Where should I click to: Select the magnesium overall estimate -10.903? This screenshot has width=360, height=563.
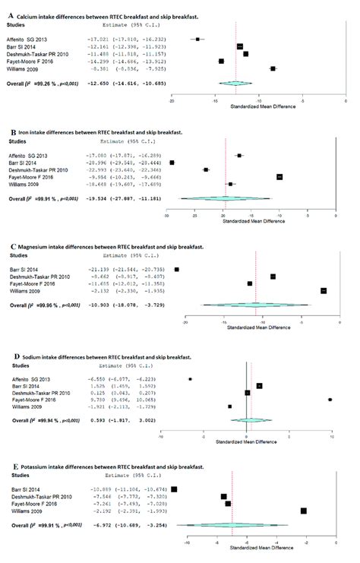(x=112, y=305)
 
